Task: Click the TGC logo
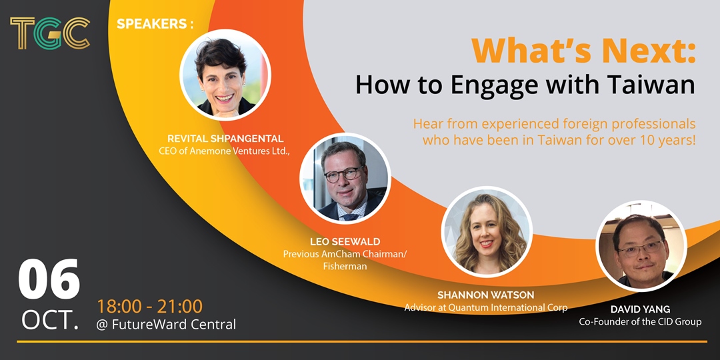[49, 33]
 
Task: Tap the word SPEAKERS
[151, 24]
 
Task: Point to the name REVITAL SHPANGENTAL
[225, 138]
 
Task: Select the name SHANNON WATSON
[486, 295]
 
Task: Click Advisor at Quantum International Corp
[486, 307]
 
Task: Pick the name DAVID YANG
[640, 310]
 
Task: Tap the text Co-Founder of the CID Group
[640, 322]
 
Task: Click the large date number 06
[49, 279]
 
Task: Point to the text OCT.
[50, 321]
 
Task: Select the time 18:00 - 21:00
[150, 307]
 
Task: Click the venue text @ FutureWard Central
[166, 325]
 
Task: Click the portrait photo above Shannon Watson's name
[487, 232]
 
